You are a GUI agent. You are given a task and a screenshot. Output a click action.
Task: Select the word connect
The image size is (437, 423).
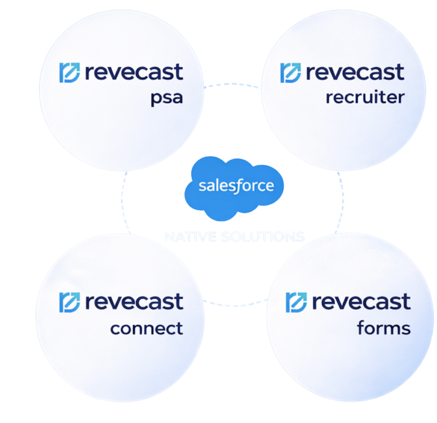146,329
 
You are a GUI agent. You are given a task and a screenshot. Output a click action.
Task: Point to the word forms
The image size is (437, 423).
383,329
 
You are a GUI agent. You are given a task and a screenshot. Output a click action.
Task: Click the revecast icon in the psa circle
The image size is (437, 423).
69,73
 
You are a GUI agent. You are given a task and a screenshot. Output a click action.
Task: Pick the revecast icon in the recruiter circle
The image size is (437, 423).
290,73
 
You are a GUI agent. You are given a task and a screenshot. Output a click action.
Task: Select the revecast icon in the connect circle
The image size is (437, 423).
69,302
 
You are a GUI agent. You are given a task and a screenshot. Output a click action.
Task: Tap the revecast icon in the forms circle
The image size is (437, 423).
296,302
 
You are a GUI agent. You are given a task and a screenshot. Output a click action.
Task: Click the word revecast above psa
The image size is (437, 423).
134,72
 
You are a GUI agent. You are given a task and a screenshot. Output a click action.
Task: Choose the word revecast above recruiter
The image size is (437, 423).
355,72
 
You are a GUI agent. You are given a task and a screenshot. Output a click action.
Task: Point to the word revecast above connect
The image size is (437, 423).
134,302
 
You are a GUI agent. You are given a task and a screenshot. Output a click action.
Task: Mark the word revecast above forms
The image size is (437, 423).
361,302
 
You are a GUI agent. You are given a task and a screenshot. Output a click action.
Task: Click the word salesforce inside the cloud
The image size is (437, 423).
236,187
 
